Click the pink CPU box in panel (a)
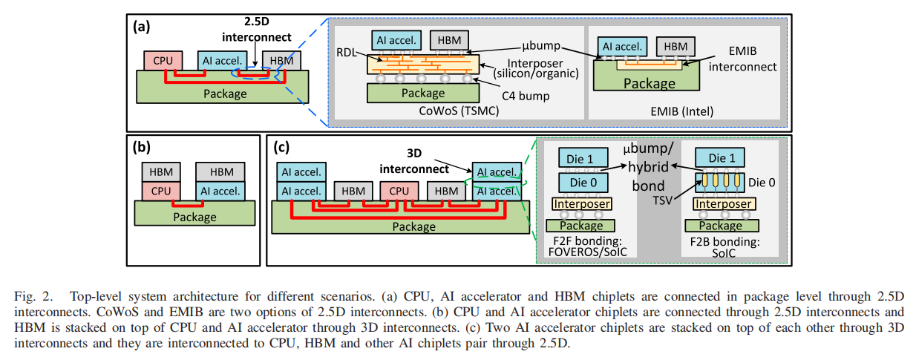[161, 61]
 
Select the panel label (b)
[143, 146]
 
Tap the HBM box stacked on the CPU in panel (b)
[160, 171]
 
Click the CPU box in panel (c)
[399, 191]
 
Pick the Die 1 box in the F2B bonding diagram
[721, 158]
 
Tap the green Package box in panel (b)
[194, 217]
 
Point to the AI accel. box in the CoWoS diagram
[399, 41]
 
